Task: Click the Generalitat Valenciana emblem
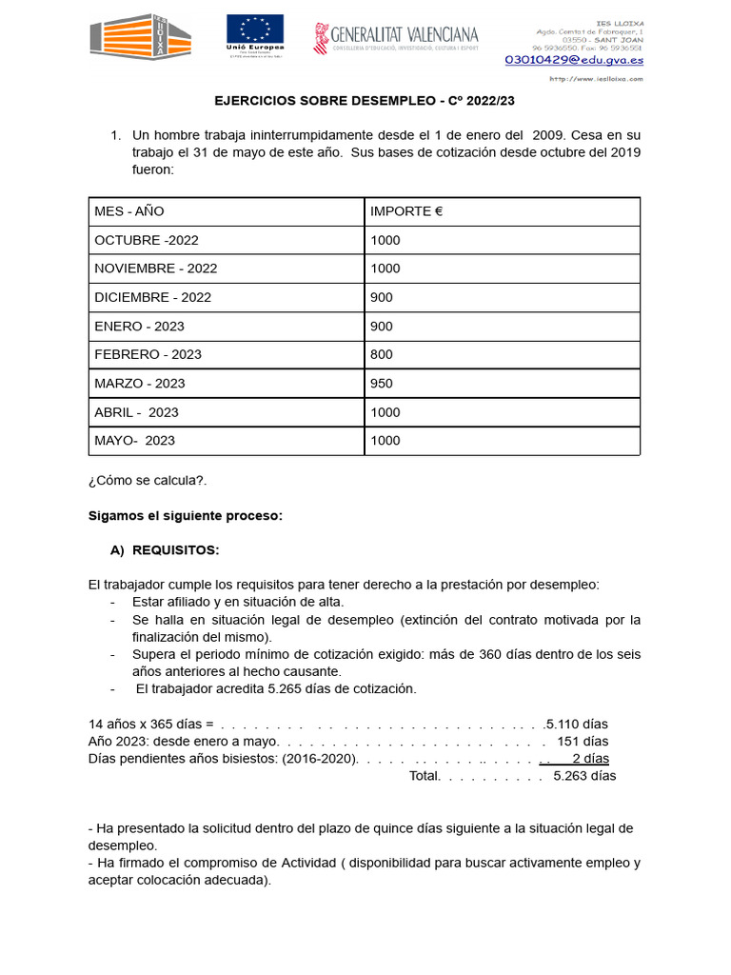click(x=323, y=38)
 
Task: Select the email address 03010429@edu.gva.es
click(x=573, y=59)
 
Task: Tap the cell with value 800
click(x=382, y=354)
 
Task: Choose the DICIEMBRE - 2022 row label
click(x=152, y=297)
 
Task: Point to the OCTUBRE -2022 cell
click(x=147, y=240)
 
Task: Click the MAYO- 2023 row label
click(x=134, y=440)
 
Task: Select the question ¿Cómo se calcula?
click(x=147, y=481)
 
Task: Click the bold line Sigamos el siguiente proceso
click(x=186, y=515)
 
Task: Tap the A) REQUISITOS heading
click(x=166, y=550)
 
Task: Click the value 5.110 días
click(x=577, y=724)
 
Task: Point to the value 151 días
click(x=583, y=741)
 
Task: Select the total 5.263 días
click(x=584, y=775)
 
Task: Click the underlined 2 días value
click(x=590, y=758)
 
